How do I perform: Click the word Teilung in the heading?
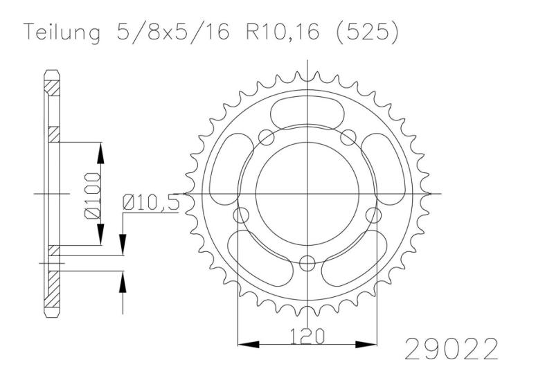click(62, 33)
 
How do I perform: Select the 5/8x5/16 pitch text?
click(172, 32)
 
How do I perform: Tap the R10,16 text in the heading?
click(283, 32)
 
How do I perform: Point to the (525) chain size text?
click(368, 32)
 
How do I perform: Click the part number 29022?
click(452, 348)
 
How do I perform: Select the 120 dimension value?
click(307, 336)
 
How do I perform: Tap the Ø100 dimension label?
click(92, 196)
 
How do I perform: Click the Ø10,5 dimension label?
click(150, 203)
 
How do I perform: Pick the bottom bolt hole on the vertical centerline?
click(307, 262)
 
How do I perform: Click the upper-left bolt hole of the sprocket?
click(267, 137)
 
